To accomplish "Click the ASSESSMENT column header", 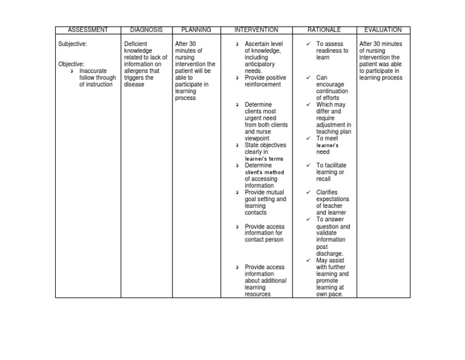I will click(x=88, y=30).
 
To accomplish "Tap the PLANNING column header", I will click(x=196, y=30).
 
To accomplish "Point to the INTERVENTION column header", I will click(x=257, y=30).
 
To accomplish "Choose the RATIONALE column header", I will click(x=325, y=30).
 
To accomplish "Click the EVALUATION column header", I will click(x=383, y=30).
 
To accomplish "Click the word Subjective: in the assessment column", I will click(x=73, y=44).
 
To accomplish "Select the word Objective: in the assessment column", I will click(x=71, y=64).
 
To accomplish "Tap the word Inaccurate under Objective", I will click(x=93, y=71).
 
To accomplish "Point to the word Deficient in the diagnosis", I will click(x=136, y=44).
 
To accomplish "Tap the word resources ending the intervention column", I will click(x=258, y=294).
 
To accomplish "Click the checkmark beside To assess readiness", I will click(x=308, y=44).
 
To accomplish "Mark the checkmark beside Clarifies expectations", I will click(x=308, y=192).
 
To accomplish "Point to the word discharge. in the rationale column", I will click(x=330, y=253).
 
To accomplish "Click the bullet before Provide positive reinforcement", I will click(x=237, y=78).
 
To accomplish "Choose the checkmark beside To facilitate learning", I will click(x=308, y=165).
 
